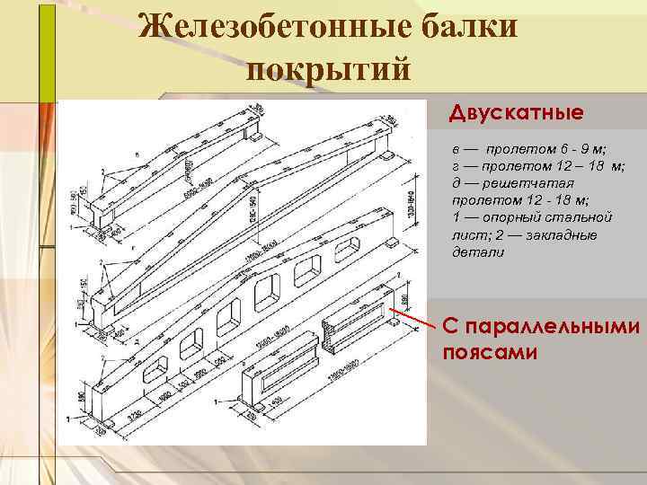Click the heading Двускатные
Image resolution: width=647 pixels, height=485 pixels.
pyautogui.click(x=517, y=114)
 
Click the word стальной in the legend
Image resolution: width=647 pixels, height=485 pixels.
pyautogui.click(x=581, y=217)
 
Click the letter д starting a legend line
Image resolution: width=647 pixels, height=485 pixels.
pyautogui.click(x=456, y=183)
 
